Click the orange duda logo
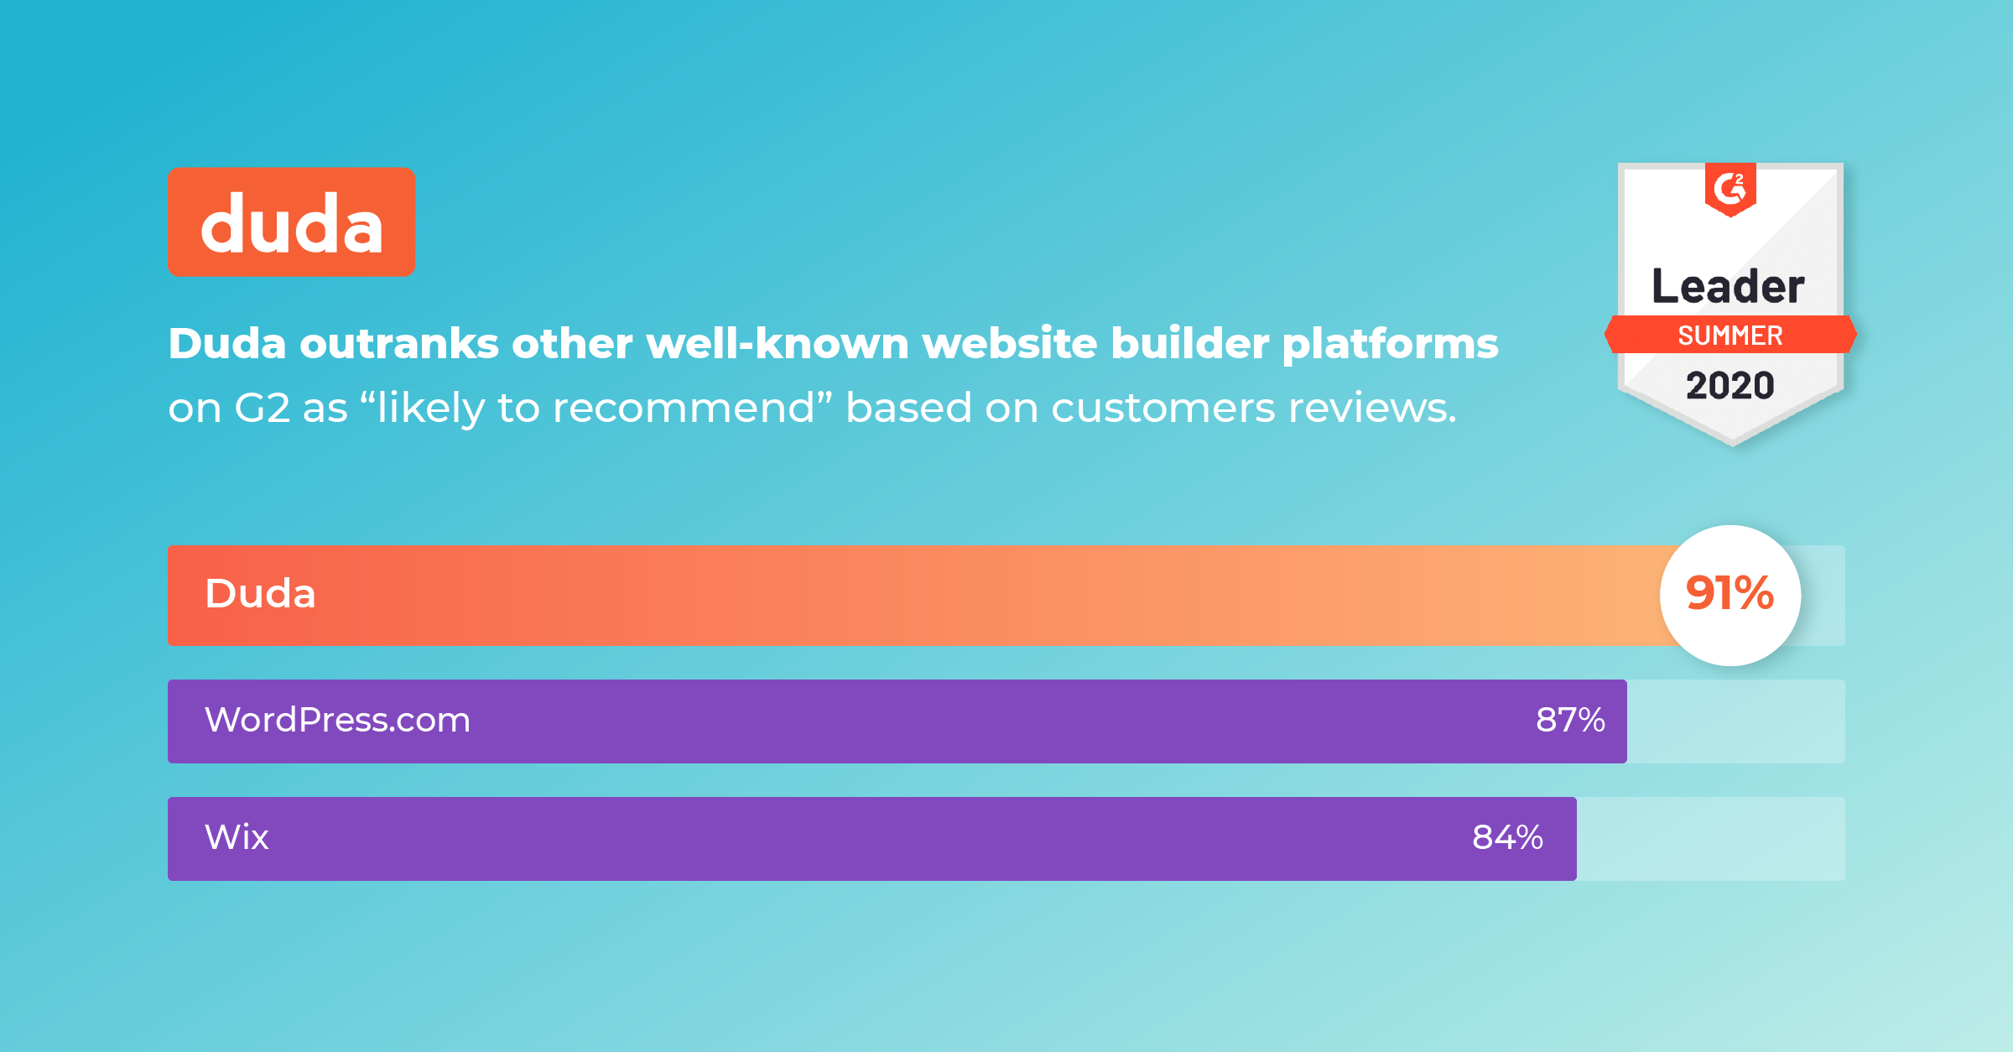coord(291,221)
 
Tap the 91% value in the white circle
coord(1730,593)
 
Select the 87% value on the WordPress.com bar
coord(1570,720)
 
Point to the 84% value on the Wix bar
coord(1507,837)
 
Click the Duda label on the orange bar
coord(260,593)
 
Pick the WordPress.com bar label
coord(337,720)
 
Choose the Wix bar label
coord(237,837)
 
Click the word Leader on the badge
coord(1728,286)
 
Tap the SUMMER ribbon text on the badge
coord(1730,336)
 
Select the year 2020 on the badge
coord(1730,386)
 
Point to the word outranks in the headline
coord(399,343)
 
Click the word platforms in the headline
coord(1390,345)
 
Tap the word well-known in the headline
coord(778,343)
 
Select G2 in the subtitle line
coord(262,409)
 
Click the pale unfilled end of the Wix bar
coord(1711,839)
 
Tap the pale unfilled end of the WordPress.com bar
coord(1736,721)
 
